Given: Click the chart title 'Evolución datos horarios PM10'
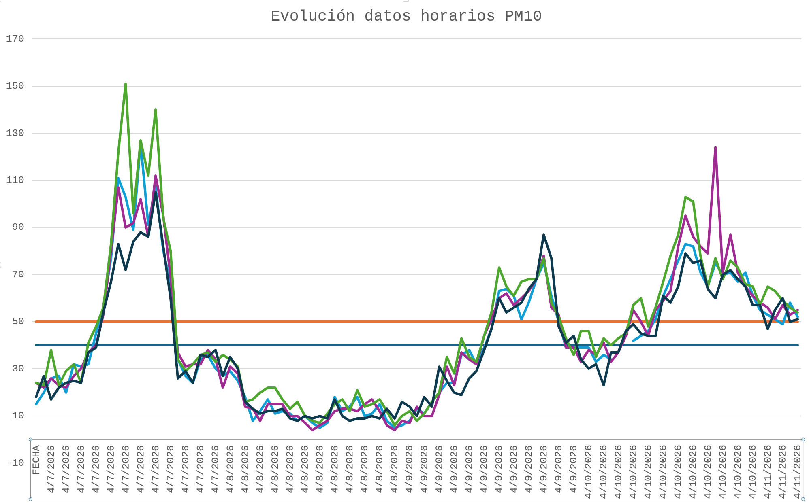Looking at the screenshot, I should click(406, 16).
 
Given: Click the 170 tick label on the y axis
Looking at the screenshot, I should click(15, 39).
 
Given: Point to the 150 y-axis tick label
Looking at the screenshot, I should click(15, 86).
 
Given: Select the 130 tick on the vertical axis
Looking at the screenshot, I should click(15, 133).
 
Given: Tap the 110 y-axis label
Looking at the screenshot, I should click(15, 180).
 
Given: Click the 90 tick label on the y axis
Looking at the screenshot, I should click(18, 227).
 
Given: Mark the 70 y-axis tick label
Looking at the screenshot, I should click(18, 274).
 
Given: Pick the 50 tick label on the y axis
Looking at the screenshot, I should click(18, 321).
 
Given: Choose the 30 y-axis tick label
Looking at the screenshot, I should click(18, 369).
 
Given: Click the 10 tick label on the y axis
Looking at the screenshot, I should click(18, 416).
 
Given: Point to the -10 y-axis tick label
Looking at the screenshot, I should click(15, 463).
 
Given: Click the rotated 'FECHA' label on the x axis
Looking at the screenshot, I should click(36, 460).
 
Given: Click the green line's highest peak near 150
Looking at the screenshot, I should click(126, 84).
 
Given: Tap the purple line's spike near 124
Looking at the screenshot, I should click(715, 147).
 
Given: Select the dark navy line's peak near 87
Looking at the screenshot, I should click(544, 235).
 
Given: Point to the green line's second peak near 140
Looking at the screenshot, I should click(156, 110).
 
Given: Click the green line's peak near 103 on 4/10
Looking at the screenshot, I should click(685, 197).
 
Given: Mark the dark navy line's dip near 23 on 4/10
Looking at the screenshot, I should click(604, 385).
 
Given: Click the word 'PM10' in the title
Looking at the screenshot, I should click(523, 16).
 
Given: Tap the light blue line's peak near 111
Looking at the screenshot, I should click(118, 178).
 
